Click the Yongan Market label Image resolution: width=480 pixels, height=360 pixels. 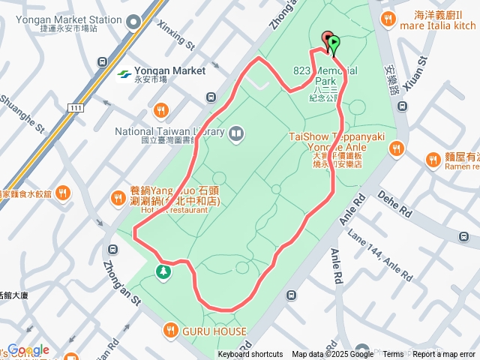coord(170,70)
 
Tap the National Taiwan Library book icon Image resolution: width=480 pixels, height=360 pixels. coord(237,133)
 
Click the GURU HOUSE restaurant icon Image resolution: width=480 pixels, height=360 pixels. coord(171,331)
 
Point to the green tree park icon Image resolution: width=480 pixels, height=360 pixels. coord(162,271)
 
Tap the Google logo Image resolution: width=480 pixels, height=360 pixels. coord(28,349)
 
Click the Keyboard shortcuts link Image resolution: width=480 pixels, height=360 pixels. coord(250,355)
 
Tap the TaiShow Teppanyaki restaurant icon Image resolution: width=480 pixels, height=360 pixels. coord(397,149)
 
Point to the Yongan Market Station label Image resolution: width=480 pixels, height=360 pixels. coord(82,19)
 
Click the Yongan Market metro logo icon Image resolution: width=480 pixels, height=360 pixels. coord(124,73)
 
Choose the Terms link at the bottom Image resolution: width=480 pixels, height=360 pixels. coord(392,355)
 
